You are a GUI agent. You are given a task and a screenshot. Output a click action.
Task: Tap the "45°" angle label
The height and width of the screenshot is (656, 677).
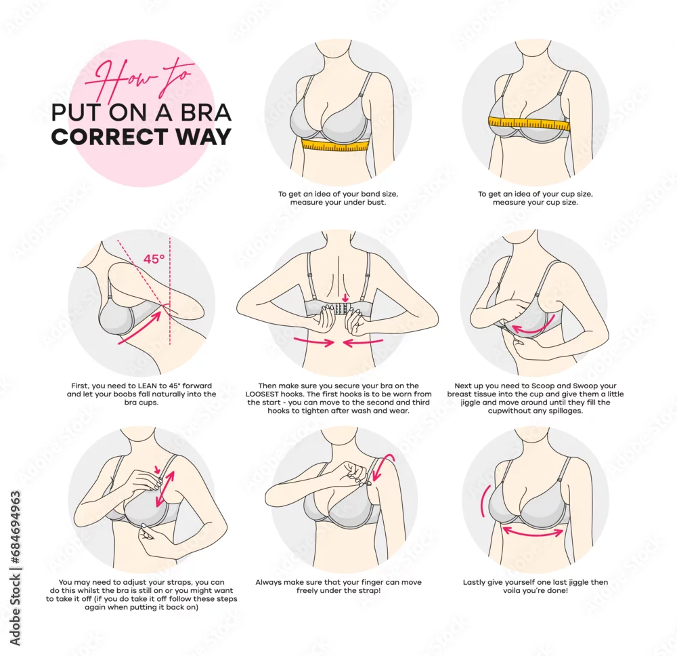click(154, 259)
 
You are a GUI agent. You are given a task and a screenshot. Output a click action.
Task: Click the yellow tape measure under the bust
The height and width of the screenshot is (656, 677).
click(336, 145)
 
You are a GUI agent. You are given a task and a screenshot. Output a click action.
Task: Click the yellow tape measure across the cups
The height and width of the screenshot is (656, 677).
click(529, 123)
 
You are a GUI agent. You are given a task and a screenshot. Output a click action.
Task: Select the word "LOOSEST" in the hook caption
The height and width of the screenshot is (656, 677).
click(261, 394)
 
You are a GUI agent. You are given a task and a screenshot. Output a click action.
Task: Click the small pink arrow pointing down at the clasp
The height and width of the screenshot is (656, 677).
click(345, 298)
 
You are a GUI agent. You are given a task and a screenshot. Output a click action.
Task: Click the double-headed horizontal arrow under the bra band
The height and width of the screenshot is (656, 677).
click(533, 531)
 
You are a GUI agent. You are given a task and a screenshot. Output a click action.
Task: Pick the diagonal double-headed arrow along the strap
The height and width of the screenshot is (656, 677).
click(165, 489)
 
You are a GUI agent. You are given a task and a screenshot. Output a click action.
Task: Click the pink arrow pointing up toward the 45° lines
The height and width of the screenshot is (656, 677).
click(140, 327)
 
